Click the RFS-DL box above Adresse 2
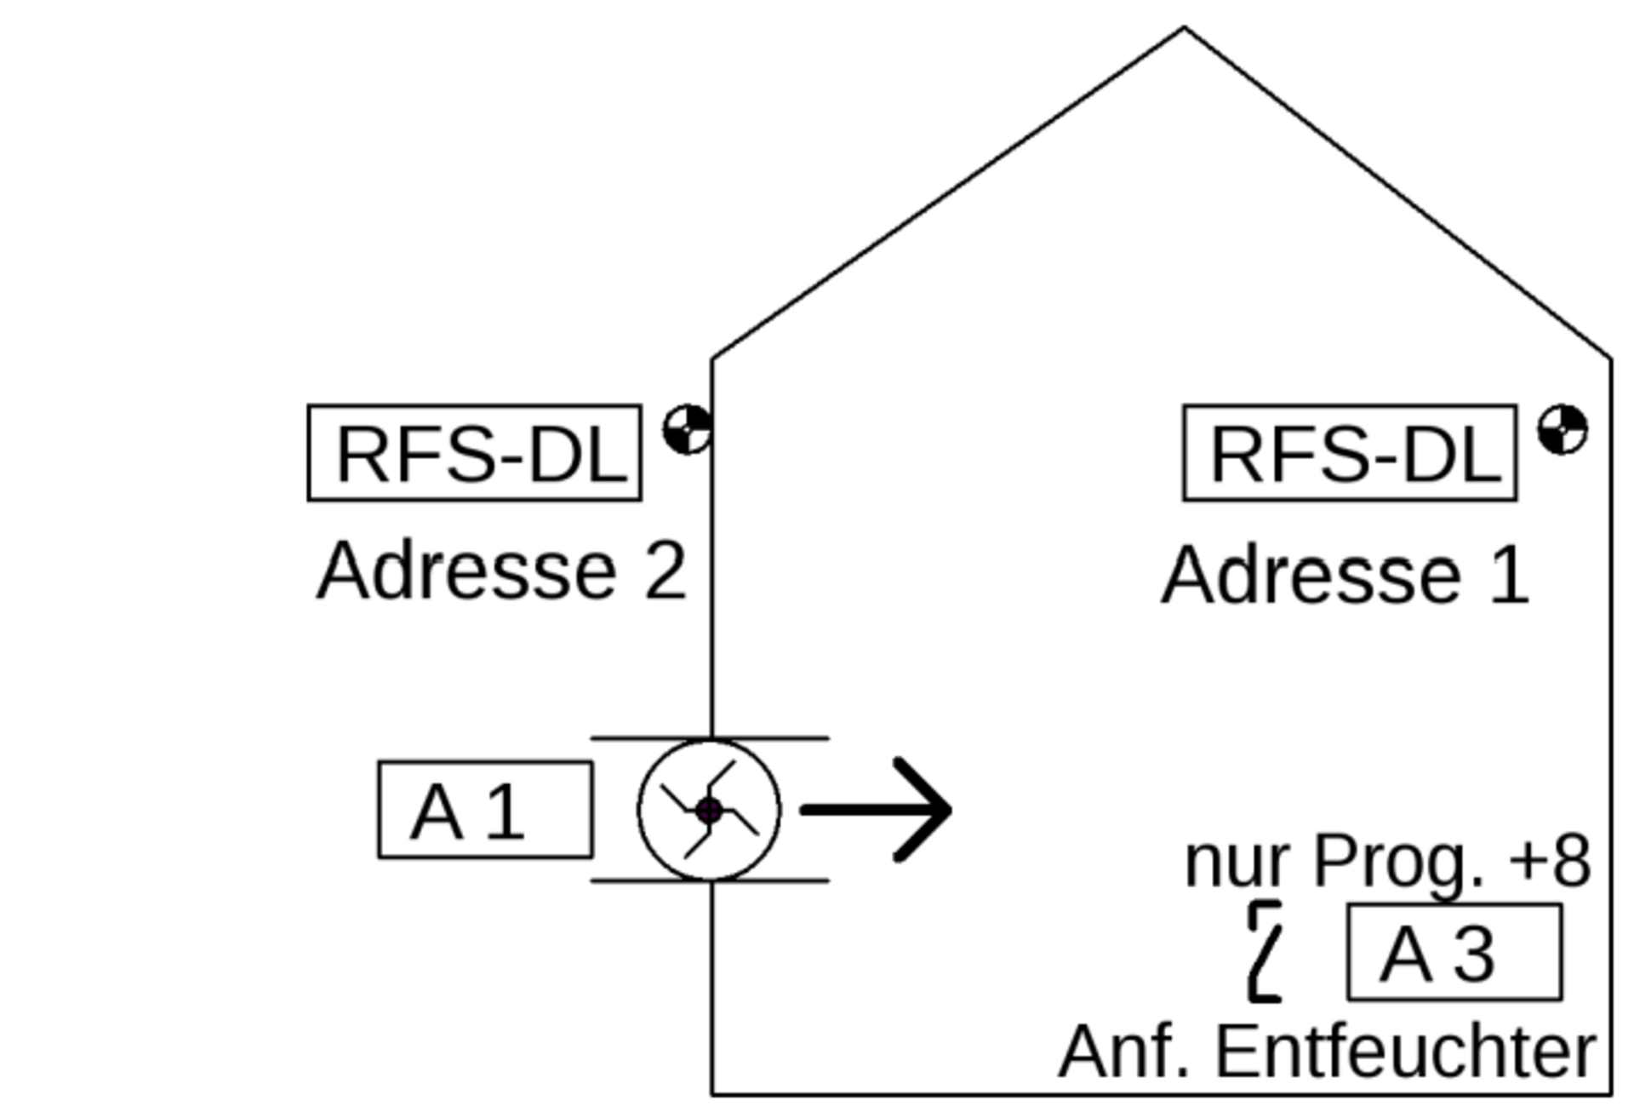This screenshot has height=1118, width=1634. [x=474, y=453]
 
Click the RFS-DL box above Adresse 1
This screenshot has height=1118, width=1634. [x=1350, y=453]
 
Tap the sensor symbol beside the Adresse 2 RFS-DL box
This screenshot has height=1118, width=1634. [x=688, y=429]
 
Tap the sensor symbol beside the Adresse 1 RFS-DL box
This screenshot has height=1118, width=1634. [x=1563, y=429]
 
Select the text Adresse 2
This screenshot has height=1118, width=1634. [x=500, y=571]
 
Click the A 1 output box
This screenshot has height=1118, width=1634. [x=485, y=810]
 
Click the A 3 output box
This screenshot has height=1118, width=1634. [x=1454, y=952]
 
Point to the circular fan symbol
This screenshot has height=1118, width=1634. [x=709, y=810]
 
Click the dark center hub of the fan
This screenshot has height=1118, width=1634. [x=709, y=811]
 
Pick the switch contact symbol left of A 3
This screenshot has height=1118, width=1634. [x=1265, y=951]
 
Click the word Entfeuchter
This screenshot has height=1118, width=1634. [x=1405, y=1052]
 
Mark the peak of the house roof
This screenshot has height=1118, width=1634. [x=1184, y=29]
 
